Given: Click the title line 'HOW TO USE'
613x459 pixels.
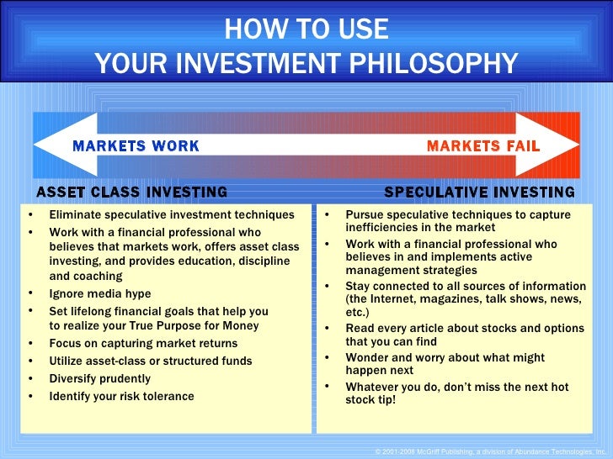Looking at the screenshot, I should tap(306, 29).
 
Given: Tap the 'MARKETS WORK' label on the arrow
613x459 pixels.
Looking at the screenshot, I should tap(136, 146).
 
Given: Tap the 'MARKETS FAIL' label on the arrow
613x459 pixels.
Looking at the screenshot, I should tap(482, 146).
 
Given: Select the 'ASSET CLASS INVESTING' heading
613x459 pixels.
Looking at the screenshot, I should tap(131, 193).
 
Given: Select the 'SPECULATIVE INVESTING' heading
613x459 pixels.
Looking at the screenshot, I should tap(479, 193).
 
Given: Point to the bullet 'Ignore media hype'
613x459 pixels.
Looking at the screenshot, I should tap(100, 294).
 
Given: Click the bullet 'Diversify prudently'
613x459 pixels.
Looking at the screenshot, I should tap(100, 378).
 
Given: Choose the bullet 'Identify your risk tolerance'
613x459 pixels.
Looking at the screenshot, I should tap(121, 396).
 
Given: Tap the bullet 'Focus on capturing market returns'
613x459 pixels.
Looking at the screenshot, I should tap(143, 343).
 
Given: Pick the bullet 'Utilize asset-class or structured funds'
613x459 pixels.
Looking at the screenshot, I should tap(150, 361).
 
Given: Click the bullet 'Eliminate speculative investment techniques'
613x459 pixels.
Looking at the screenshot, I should tap(172, 215).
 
